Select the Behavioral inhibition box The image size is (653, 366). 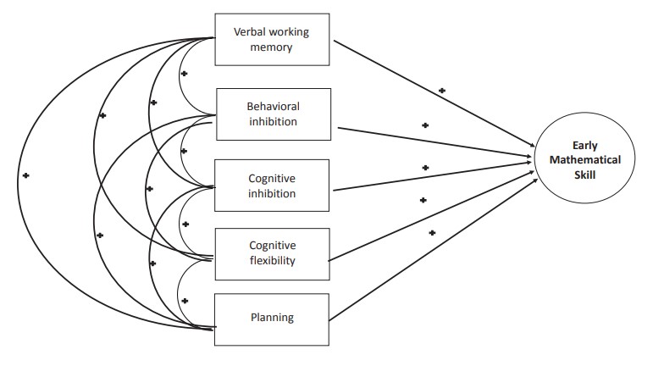[273, 114]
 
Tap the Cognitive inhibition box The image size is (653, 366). [271, 185]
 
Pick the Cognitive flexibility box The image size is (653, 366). [271, 252]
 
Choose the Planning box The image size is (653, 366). [271, 319]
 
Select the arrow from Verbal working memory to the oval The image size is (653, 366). [432, 97]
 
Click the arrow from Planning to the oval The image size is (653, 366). [432, 246]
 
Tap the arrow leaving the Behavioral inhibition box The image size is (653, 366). [432, 141]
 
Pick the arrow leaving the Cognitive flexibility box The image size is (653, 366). [432, 216]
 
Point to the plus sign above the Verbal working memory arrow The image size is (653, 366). [441, 88]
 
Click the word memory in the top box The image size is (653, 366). [271, 48]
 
